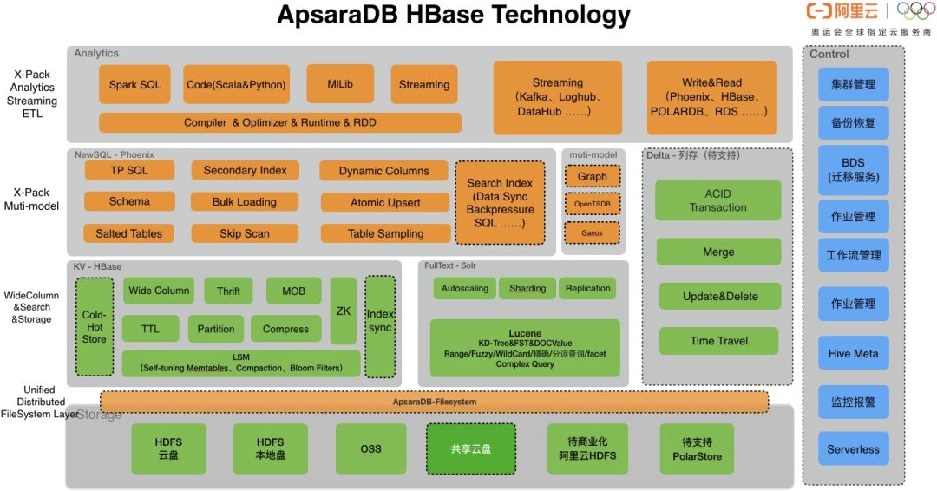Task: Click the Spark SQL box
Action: [134, 85]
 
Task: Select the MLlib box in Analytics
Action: [340, 84]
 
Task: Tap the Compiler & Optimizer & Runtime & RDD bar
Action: [280, 122]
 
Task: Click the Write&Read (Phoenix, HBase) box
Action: [711, 97]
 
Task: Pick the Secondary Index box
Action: [245, 171]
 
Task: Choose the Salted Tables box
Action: [128, 233]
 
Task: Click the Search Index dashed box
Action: [500, 202]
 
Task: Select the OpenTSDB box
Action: [593, 205]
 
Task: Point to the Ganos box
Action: [593, 232]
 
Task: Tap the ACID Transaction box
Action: [718, 200]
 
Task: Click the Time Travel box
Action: [718, 341]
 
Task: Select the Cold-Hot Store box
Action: [94, 326]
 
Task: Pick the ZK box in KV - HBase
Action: [344, 311]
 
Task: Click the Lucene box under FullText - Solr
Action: [525, 348]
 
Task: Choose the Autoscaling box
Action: [464, 288]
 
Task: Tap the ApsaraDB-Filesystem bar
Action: [434, 402]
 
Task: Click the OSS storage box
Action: [370, 448]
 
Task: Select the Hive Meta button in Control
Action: [853, 353]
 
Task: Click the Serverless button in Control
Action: [853, 449]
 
